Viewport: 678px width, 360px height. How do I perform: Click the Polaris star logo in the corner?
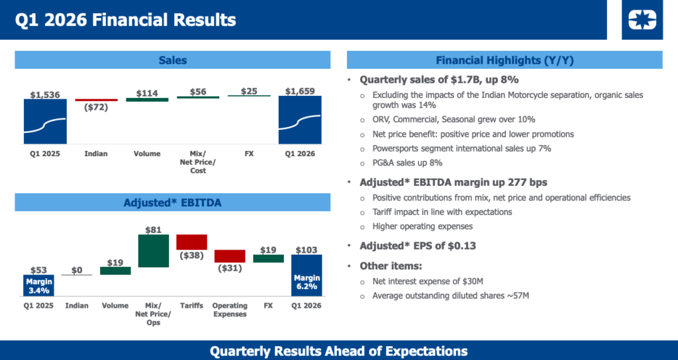pos(641,20)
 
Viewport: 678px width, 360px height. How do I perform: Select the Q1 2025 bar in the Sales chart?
pos(45,122)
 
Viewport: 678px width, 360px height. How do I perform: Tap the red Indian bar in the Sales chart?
pos(96,100)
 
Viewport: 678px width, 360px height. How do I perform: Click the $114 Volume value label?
pos(147,93)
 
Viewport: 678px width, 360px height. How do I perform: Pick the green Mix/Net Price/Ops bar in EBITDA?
pos(153,251)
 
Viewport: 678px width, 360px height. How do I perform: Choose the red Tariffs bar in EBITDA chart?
pos(191,242)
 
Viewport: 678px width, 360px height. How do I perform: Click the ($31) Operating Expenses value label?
pos(230,268)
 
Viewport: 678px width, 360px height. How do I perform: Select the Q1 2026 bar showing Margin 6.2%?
pos(307,275)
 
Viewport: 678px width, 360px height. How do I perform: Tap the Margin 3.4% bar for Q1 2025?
pos(38,285)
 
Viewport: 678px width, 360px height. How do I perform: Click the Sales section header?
pos(172,60)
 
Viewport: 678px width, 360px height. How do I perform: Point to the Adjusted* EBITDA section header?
pos(172,202)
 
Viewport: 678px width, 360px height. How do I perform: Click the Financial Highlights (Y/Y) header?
pos(505,60)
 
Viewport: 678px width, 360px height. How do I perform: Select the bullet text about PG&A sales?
pos(407,163)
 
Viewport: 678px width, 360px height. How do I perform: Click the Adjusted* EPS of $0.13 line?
pos(418,246)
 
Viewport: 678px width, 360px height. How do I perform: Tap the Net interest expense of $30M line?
pos(432,281)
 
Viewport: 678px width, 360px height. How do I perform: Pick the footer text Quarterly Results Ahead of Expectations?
pos(338,351)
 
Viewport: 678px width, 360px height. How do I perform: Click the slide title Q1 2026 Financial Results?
pos(125,20)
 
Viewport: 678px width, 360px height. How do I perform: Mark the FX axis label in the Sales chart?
pos(249,154)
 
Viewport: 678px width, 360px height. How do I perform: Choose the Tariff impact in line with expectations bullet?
pos(442,212)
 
